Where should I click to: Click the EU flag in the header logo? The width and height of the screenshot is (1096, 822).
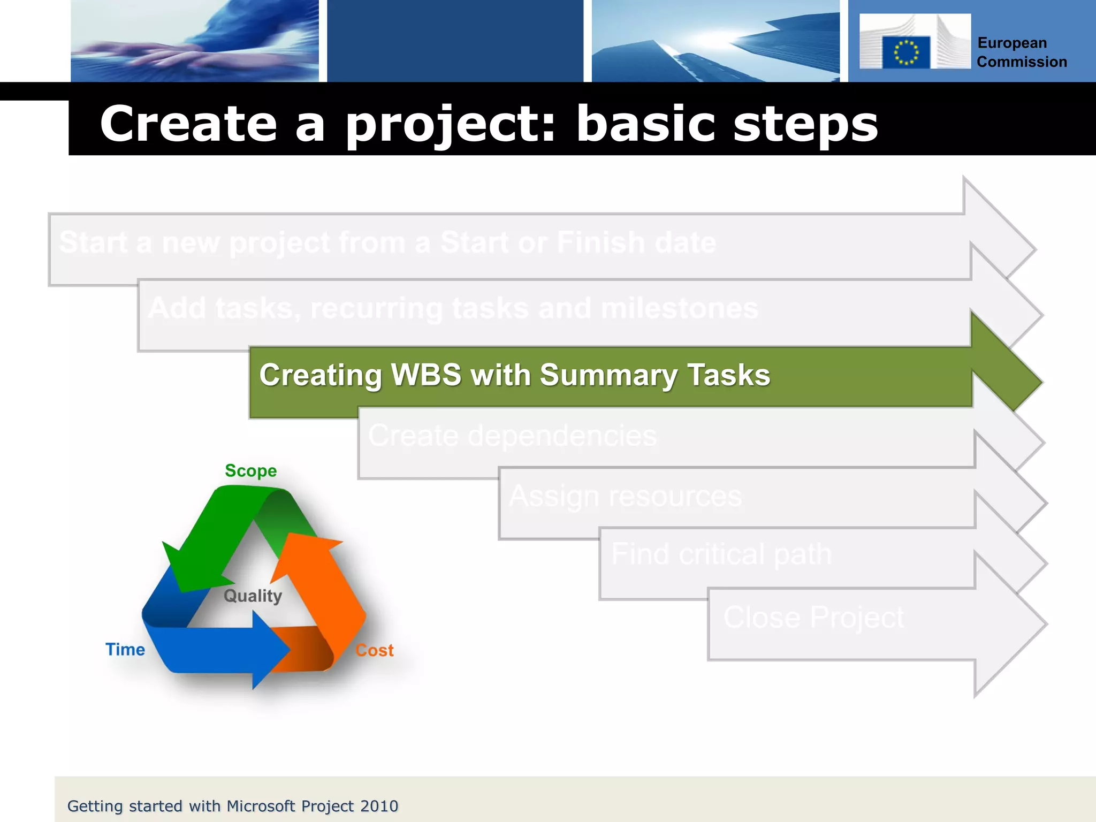coord(905,52)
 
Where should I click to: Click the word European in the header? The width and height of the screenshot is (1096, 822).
coord(1012,43)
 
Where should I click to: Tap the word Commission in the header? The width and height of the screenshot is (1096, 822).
coord(1022,62)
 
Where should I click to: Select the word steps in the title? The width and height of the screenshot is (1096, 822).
coord(805,124)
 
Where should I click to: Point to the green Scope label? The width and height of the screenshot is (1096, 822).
coord(250,471)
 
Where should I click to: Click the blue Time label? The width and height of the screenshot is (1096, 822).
coord(125,649)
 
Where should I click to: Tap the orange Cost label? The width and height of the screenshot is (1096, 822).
coord(375,650)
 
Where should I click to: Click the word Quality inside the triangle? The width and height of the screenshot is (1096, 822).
coord(253,596)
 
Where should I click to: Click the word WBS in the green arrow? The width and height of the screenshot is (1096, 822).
coord(426,375)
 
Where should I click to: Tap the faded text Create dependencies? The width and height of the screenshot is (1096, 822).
coord(512,436)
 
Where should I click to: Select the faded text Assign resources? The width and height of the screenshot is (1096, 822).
coord(625,496)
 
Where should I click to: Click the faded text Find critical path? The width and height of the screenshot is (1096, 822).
coord(721,554)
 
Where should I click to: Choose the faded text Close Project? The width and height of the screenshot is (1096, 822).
coord(813,617)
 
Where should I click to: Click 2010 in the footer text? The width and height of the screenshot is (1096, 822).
coord(379,806)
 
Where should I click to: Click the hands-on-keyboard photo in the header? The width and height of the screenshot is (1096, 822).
coord(195,41)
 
